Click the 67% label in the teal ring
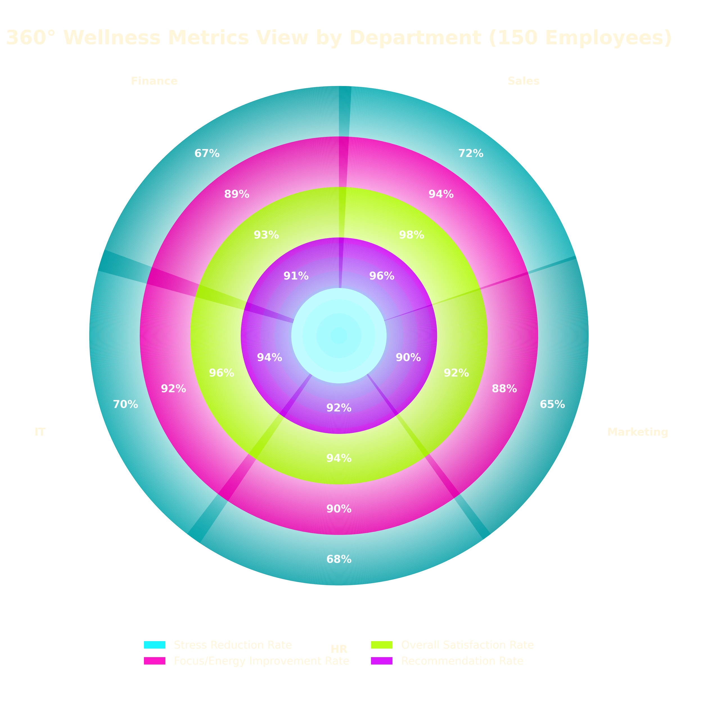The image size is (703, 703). pyautogui.click(x=207, y=154)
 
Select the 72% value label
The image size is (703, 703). pyautogui.click(x=470, y=154)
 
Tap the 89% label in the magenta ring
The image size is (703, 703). pyautogui.click(x=236, y=194)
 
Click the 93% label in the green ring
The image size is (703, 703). pyautogui.click(x=266, y=235)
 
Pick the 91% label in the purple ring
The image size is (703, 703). pyautogui.click(x=296, y=276)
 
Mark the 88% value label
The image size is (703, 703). pyautogui.click(x=504, y=389)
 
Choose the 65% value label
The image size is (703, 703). pyautogui.click(x=552, y=404)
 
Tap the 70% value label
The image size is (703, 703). pyautogui.click(x=125, y=404)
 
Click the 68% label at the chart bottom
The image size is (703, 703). pyautogui.click(x=339, y=559)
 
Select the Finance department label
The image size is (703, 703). pyautogui.click(x=154, y=81)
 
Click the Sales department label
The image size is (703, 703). pyautogui.click(x=523, y=81)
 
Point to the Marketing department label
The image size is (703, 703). pyautogui.click(x=637, y=432)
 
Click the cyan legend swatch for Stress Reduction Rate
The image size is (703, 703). pyautogui.click(x=155, y=645)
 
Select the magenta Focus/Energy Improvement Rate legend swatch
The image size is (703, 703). pyautogui.click(x=155, y=661)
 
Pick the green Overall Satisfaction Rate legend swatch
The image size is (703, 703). pyautogui.click(x=382, y=645)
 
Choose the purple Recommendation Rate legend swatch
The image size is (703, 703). pyautogui.click(x=382, y=661)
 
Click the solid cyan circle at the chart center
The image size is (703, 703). pyautogui.click(x=339, y=335)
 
